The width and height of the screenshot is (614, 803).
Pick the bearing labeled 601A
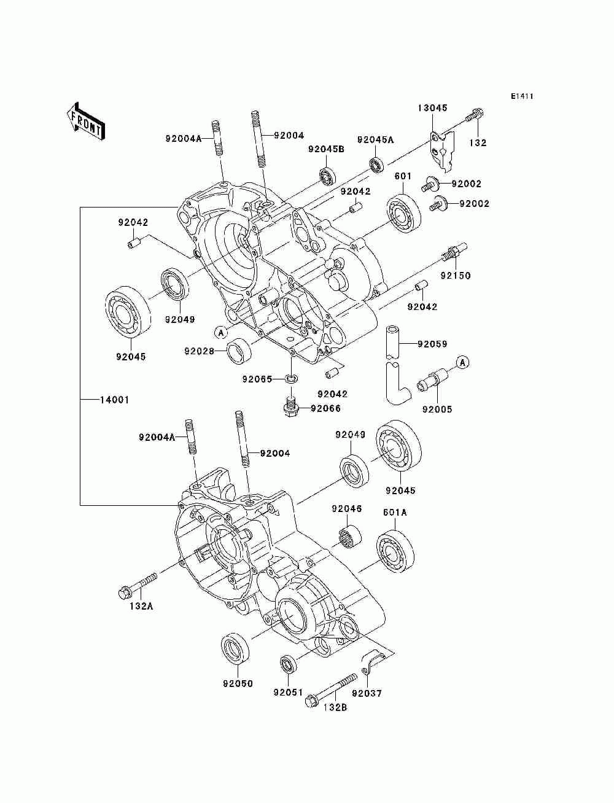[395, 551]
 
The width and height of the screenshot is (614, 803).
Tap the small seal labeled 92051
[287, 665]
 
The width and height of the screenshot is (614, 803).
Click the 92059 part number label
[432, 344]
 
